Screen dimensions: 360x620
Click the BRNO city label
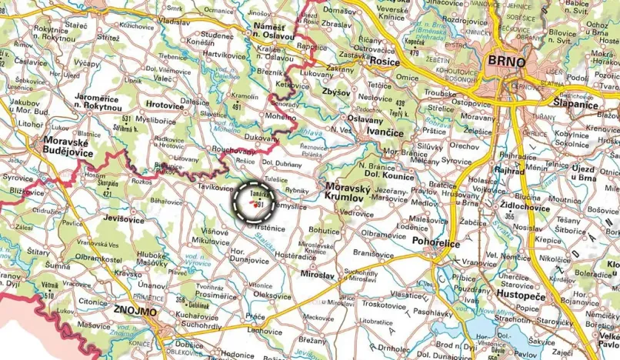pyautogui.click(x=506, y=62)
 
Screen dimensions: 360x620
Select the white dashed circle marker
pyautogui.click(x=254, y=202)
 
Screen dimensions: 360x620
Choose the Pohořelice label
pyautogui.click(x=436, y=244)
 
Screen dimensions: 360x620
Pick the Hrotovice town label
pyautogui.click(x=165, y=104)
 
